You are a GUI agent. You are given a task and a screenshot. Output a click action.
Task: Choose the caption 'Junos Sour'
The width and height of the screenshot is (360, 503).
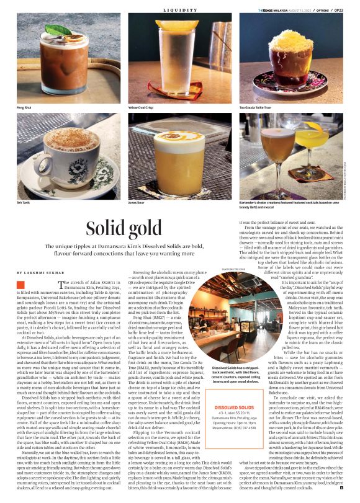[136, 202]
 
